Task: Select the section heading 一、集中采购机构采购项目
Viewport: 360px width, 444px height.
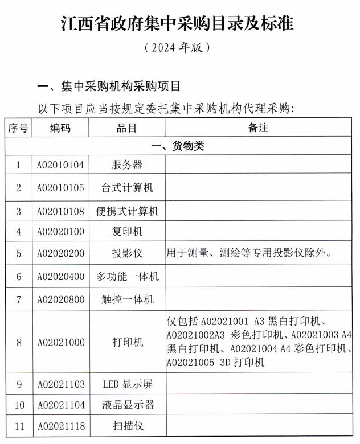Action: [108, 87]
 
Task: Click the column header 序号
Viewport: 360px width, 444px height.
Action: [18, 128]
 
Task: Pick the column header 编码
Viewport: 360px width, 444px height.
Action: [60, 128]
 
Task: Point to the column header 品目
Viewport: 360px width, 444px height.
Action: [127, 128]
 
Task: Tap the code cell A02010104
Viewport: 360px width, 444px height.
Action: [60, 165]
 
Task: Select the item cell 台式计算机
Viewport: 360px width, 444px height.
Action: [127, 187]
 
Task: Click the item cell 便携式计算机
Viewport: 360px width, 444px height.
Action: [127, 211]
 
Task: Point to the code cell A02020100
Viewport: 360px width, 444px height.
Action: [60, 232]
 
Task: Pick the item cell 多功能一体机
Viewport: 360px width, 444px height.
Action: [127, 277]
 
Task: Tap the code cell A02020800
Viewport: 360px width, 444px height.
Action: [60, 299]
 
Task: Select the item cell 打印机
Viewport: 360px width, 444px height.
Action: [127, 342]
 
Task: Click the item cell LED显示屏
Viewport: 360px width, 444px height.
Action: [127, 384]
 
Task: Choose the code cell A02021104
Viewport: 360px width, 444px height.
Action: [60, 405]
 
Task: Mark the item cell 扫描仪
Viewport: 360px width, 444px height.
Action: [127, 426]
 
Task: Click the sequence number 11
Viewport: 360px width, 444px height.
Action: [18, 426]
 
